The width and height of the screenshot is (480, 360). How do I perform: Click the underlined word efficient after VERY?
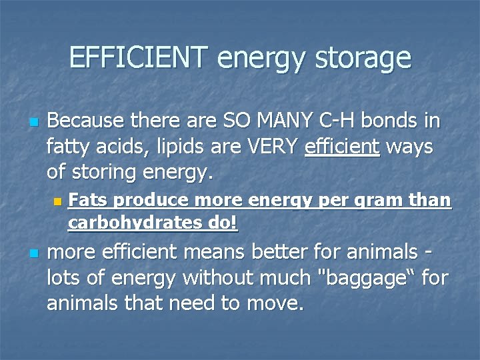click(x=341, y=147)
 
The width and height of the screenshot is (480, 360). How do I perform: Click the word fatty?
click(x=72, y=147)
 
